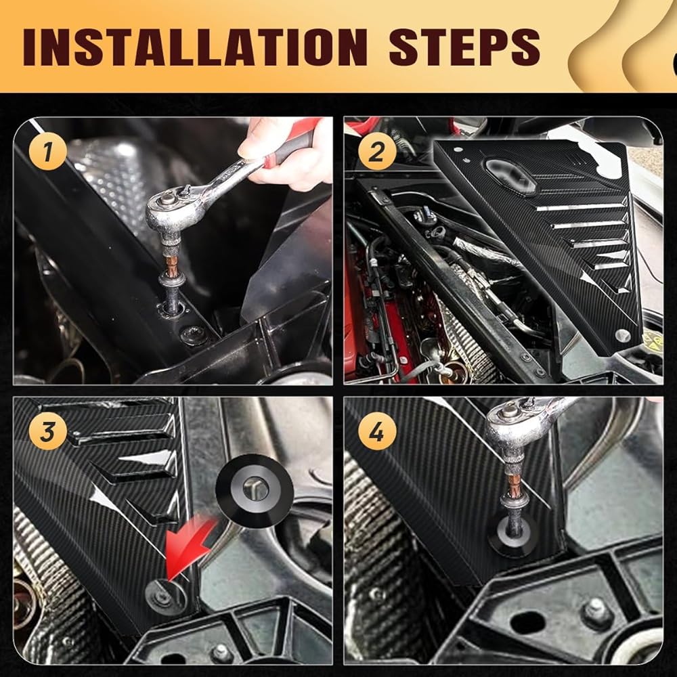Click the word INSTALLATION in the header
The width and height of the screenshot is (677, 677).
pyautogui.click(x=195, y=47)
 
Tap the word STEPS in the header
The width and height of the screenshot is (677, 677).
pyautogui.click(x=464, y=47)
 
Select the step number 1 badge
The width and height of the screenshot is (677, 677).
pyautogui.click(x=48, y=152)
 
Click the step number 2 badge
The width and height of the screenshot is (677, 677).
pyautogui.click(x=377, y=152)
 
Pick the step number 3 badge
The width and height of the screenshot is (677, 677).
pyautogui.click(x=48, y=431)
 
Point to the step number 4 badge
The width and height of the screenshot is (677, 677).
pyautogui.click(x=377, y=431)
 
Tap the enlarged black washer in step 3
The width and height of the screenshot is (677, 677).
pyautogui.click(x=255, y=490)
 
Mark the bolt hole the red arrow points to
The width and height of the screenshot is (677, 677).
pyautogui.click(x=166, y=598)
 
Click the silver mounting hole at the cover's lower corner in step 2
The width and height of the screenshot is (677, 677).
pyautogui.click(x=622, y=335)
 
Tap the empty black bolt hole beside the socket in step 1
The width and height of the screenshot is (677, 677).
pyautogui.click(x=193, y=335)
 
